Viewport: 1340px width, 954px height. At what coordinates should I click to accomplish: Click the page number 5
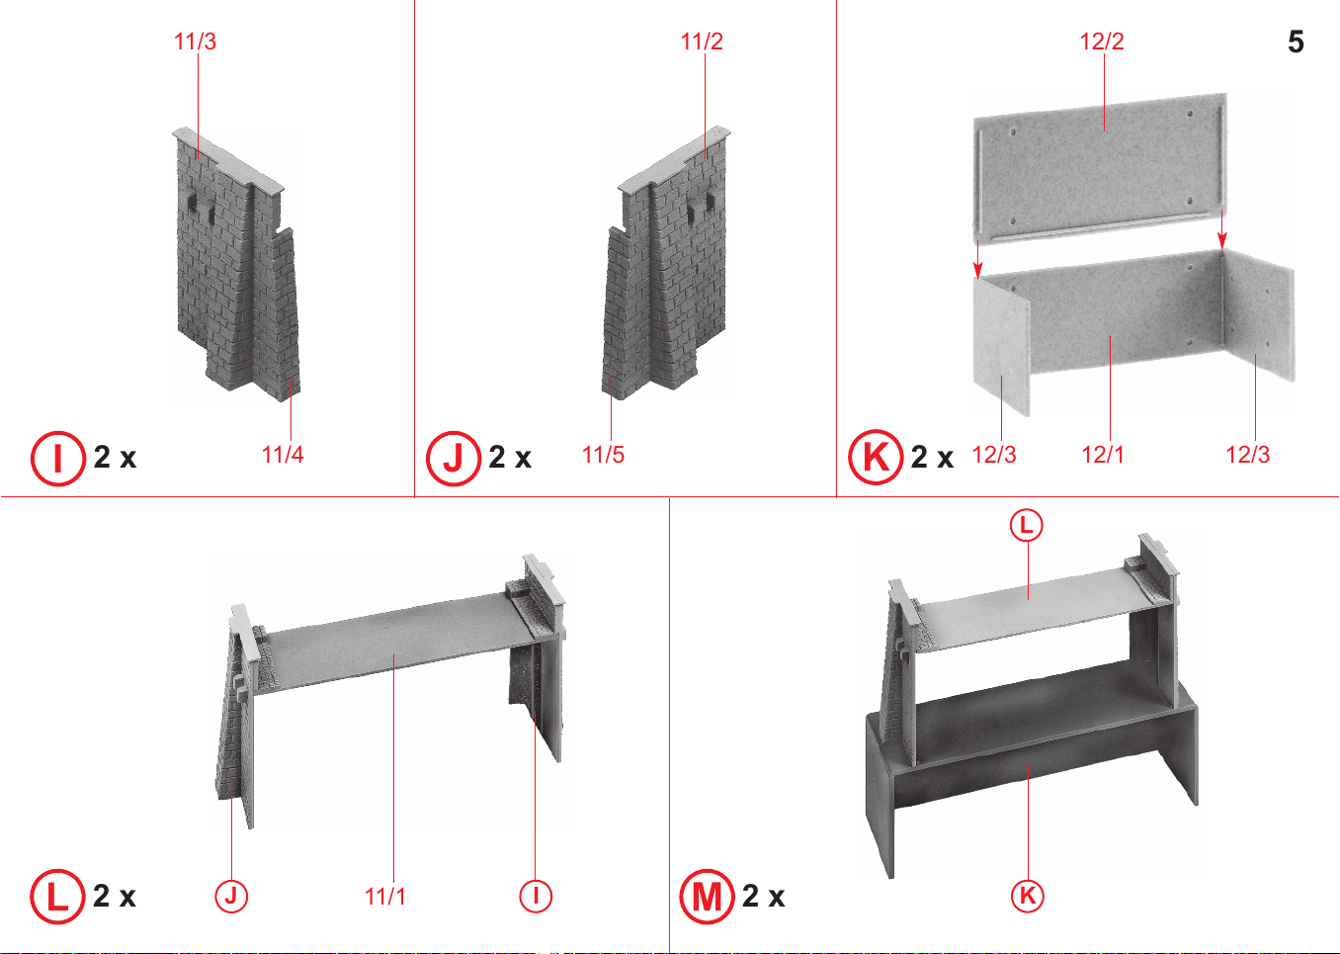pyautogui.click(x=1296, y=42)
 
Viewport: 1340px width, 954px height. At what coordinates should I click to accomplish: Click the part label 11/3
pyautogui.click(x=195, y=42)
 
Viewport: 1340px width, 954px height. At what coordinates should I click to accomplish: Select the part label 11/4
pyautogui.click(x=283, y=454)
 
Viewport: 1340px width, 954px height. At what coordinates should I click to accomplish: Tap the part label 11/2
pyautogui.click(x=702, y=42)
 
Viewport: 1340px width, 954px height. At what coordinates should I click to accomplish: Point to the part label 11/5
pyautogui.click(x=603, y=454)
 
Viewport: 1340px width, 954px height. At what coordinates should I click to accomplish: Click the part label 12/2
pyautogui.click(x=1102, y=42)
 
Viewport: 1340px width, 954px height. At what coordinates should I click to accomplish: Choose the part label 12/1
pyautogui.click(x=1103, y=454)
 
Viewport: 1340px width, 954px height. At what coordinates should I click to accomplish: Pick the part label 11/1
pyautogui.click(x=385, y=896)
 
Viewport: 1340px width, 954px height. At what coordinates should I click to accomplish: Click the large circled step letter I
pyautogui.click(x=58, y=458)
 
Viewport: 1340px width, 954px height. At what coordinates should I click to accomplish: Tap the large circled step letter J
pyautogui.click(x=454, y=458)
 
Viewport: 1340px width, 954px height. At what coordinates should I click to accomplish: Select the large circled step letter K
pyautogui.click(x=876, y=457)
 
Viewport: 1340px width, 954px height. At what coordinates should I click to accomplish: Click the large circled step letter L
pyautogui.click(x=57, y=897)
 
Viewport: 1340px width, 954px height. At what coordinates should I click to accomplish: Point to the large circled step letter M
pyautogui.click(x=707, y=897)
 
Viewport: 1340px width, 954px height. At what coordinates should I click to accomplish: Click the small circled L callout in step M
pyautogui.click(x=1027, y=526)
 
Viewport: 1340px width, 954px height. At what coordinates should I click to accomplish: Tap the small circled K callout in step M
pyautogui.click(x=1027, y=896)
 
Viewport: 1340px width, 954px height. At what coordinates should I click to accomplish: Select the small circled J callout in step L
pyautogui.click(x=231, y=896)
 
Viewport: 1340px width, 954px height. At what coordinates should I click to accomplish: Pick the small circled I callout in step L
pyautogui.click(x=536, y=896)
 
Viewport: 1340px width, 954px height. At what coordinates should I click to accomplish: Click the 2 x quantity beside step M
pyautogui.click(x=763, y=896)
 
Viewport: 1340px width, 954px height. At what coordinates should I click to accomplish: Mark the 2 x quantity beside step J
pyautogui.click(x=510, y=458)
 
